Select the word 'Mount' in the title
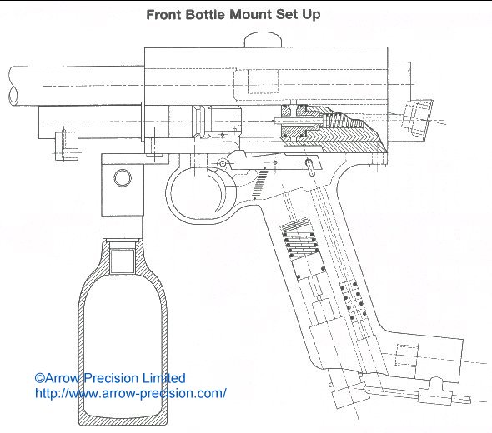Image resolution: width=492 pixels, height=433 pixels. (x=251, y=15)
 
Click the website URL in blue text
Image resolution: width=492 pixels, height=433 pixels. (x=131, y=393)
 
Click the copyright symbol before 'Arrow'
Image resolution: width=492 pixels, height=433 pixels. (x=39, y=378)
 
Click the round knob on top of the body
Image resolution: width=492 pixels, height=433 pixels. (x=263, y=39)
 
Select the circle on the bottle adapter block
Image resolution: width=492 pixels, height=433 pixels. (x=123, y=178)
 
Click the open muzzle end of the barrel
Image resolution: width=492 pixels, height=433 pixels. (x=13, y=95)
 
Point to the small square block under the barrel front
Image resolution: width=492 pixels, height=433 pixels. (x=67, y=146)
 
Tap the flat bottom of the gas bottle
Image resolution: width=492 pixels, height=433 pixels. (x=123, y=421)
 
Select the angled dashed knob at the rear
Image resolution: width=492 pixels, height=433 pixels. (x=418, y=118)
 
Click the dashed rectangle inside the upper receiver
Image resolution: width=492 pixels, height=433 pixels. (x=263, y=82)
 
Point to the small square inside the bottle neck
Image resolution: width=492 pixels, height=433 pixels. (x=123, y=261)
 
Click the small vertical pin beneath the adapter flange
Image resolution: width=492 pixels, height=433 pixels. (x=155, y=147)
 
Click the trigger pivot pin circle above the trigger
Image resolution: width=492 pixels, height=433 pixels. (x=223, y=163)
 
